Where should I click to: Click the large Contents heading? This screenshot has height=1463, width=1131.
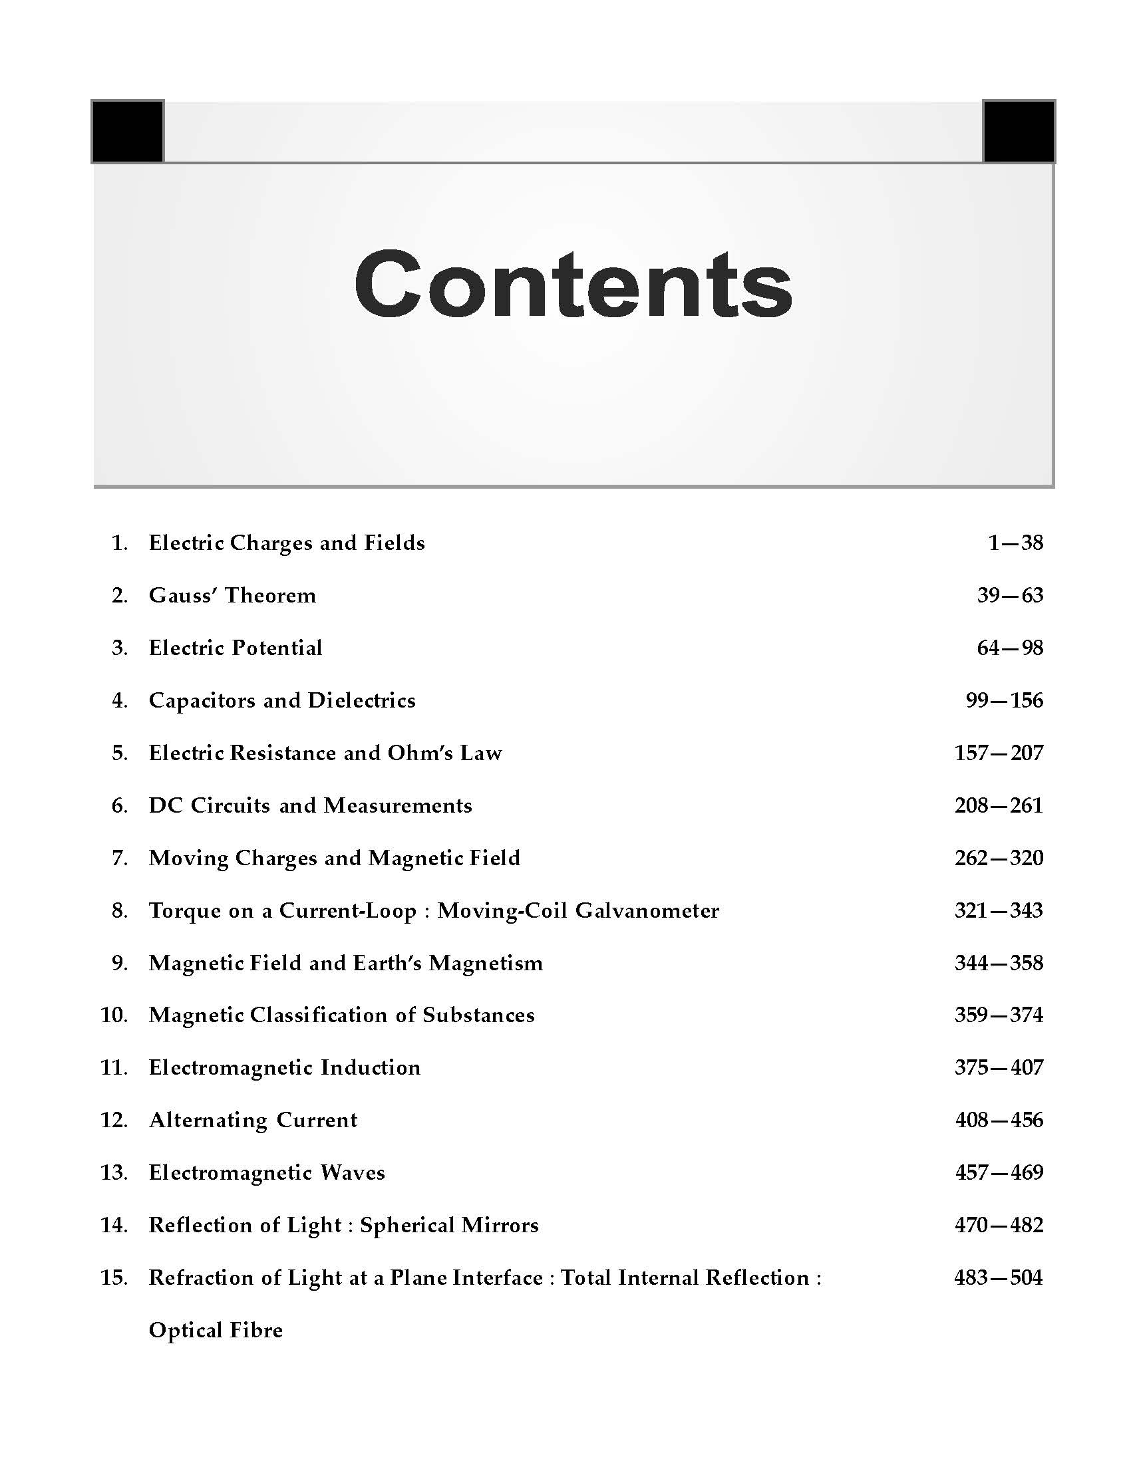pyautogui.click(x=573, y=285)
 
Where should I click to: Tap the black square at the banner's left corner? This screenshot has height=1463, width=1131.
pyautogui.click(x=127, y=131)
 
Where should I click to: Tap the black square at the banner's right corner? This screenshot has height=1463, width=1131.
pyautogui.click(x=1019, y=131)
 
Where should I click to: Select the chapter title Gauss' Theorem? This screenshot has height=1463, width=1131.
pyautogui.click(x=232, y=596)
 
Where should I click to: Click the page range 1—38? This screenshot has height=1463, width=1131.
pyautogui.click(x=1015, y=543)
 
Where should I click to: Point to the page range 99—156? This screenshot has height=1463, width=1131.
pyautogui.click(x=1004, y=701)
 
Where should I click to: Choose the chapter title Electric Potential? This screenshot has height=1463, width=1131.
pyautogui.click(x=235, y=648)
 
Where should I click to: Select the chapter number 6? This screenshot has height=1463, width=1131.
pyautogui.click(x=119, y=806)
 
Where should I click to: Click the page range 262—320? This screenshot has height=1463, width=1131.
pyautogui.click(x=999, y=858)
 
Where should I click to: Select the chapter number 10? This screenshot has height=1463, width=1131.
pyautogui.click(x=114, y=1015)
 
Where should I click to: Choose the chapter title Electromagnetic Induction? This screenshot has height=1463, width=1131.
pyautogui.click(x=284, y=1068)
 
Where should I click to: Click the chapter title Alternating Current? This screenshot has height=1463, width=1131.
pyautogui.click(x=253, y=1120)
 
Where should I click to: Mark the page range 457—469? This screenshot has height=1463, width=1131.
pyautogui.click(x=999, y=1172)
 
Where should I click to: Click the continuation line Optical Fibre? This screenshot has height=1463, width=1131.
pyautogui.click(x=215, y=1331)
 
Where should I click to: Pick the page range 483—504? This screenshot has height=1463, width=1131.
pyautogui.click(x=999, y=1277)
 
